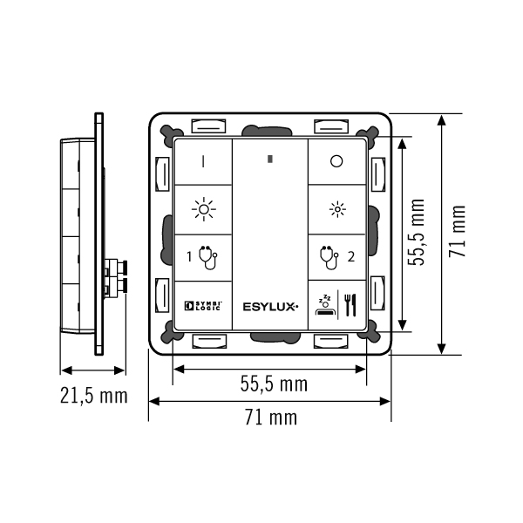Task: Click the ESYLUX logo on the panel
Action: [270, 307]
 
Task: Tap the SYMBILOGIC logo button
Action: [203, 306]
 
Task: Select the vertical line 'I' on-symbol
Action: [203, 161]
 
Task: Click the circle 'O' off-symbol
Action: [336, 161]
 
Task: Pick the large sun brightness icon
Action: [203, 209]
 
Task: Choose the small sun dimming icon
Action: [337, 209]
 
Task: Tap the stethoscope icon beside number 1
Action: [207, 257]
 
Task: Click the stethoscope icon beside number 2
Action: [329, 257]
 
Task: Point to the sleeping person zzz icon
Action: [324, 305]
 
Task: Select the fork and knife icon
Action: [350, 305]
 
